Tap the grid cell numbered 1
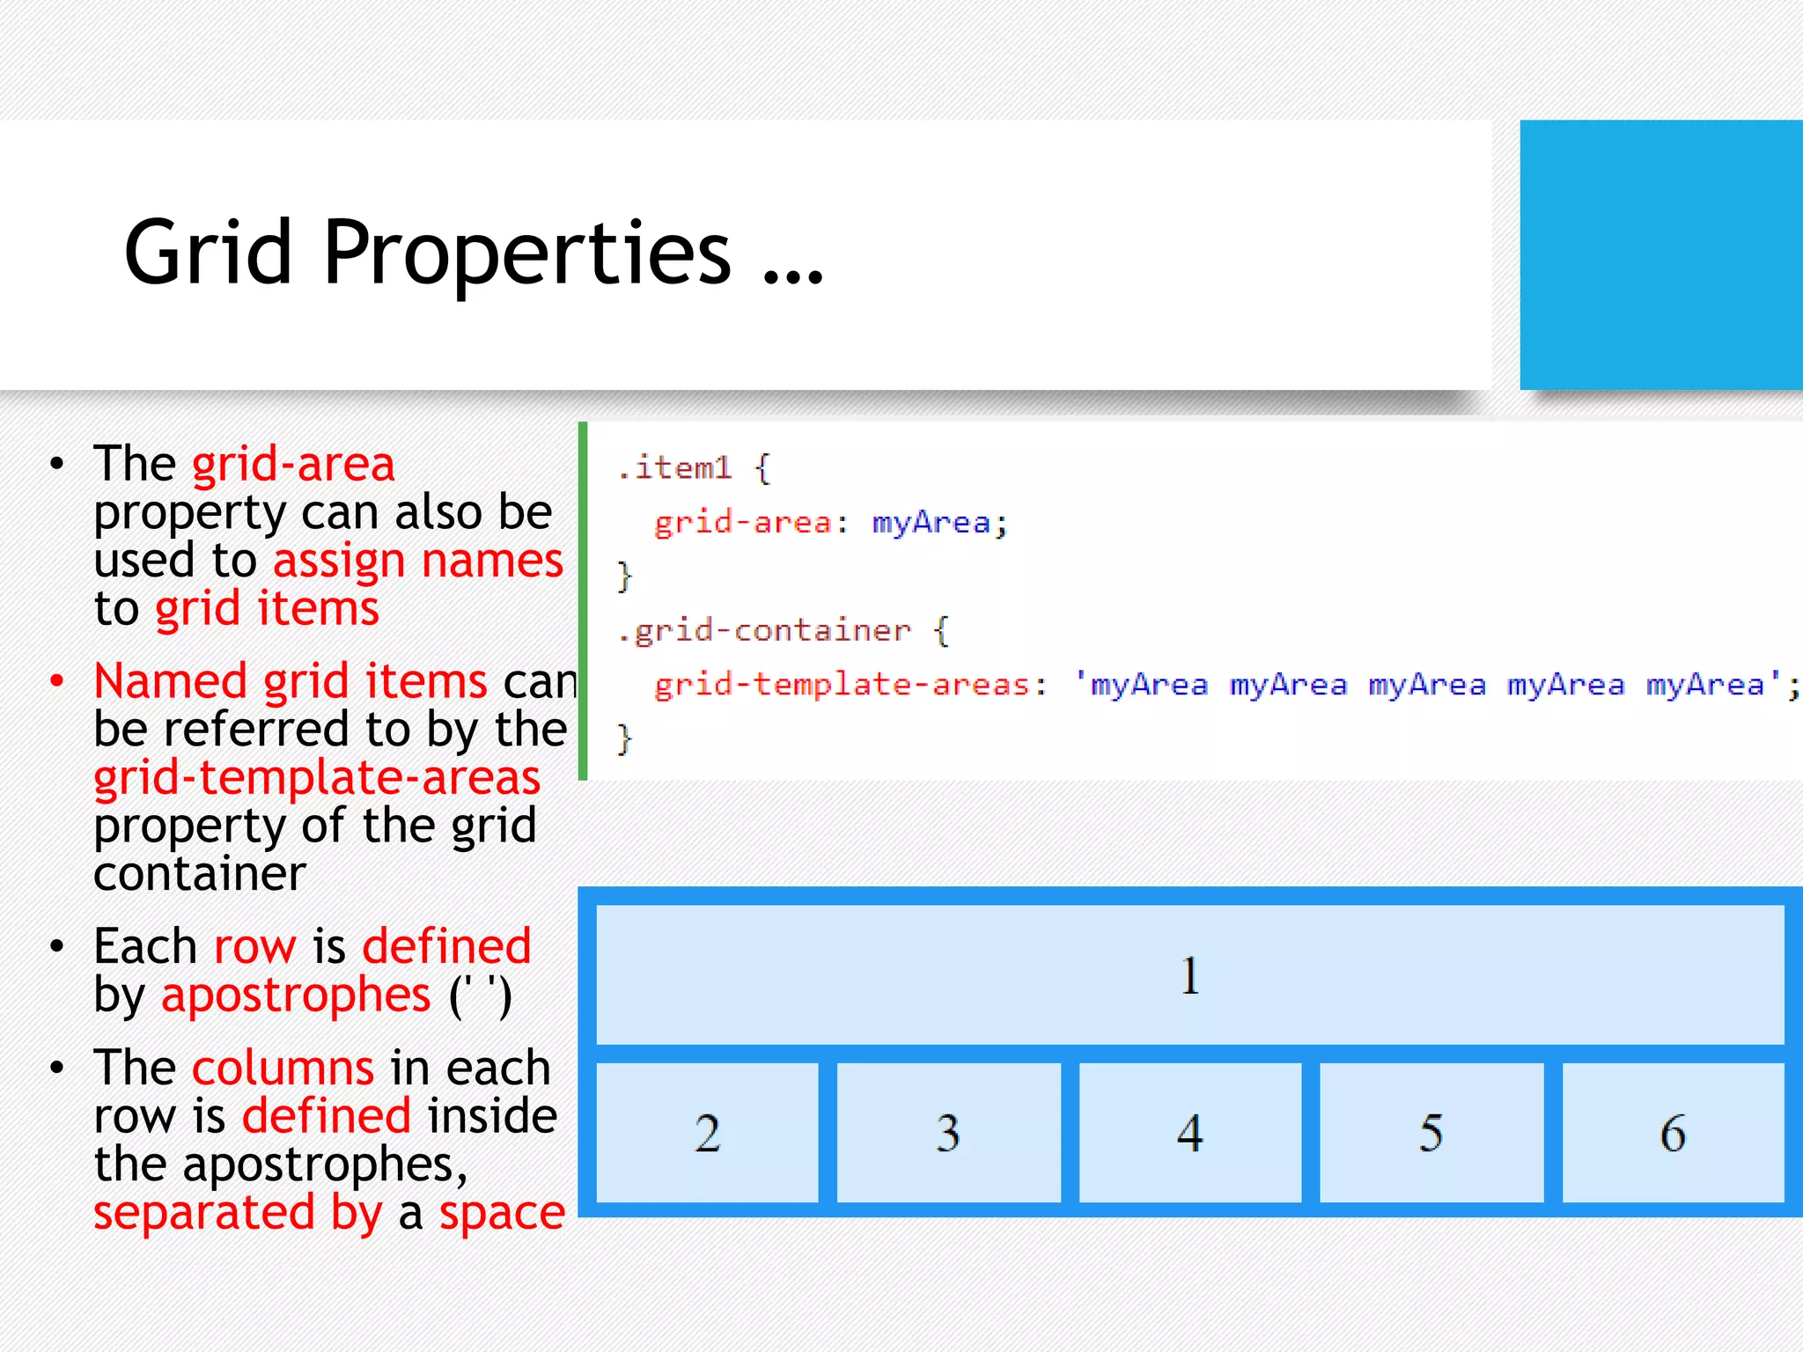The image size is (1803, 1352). tap(1189, 974)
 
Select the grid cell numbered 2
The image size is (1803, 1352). tap(707, 1132)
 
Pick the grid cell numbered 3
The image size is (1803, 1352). tap(948, 1132)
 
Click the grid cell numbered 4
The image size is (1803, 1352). tap(1189, 1132)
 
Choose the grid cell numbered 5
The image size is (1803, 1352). tap(1431, 1132)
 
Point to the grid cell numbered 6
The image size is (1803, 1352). tap(1673, 1132)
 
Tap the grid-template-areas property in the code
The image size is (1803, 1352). tap(841, 685)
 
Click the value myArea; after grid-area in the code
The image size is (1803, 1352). tap(938, 524)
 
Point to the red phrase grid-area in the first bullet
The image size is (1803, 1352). tap(293, 464)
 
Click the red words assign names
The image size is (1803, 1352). tap(417, 561)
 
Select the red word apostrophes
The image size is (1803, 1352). tap(296, 996)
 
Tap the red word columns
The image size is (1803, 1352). tap(283, 1068)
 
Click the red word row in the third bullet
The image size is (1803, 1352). tap(254, 947)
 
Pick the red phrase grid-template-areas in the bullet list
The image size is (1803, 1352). tap(317, 778)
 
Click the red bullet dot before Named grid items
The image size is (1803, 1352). tap(57, 681)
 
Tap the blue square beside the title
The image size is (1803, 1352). tap(1660, 254)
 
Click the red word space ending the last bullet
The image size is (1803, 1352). tap(502, 1213)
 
